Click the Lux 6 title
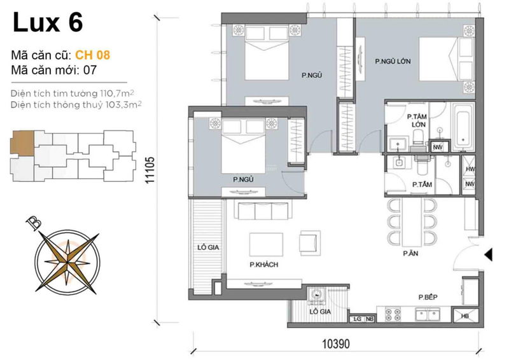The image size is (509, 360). point(48,22)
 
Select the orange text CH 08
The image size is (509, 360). point(92,55)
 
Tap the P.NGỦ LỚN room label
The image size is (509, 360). point(393,61)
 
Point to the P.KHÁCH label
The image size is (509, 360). point(264,265)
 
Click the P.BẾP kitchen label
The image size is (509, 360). point(428,297)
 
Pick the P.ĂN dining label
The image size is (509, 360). point(410,254)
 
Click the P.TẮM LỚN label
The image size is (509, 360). point(417,120)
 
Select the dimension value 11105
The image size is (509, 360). point(150,170)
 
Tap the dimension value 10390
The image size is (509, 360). point(336,343)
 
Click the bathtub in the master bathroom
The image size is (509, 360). point(463,127)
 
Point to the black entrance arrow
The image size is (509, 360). point(488,254)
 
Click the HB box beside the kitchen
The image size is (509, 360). point(465,315)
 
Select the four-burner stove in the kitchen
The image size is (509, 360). point(393,315)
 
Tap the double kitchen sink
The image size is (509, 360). point(428,315)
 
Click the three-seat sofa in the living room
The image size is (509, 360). point(263,211)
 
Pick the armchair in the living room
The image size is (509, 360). point(310,242)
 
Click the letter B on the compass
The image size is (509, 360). point(34,223)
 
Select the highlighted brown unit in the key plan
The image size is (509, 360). point(22,143)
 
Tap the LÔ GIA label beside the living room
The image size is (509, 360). point(208,247)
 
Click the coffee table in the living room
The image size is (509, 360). point(266,244)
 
